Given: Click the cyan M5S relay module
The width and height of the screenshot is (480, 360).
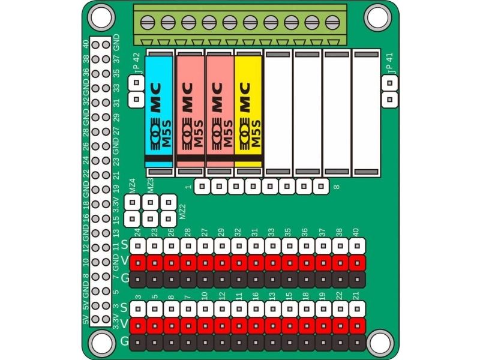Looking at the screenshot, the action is click(x=158, y=112).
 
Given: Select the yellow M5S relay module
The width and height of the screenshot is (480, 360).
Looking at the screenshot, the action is click(x=248, y=112).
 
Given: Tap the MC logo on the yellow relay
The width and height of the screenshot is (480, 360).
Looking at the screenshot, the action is click(x=245, y=97).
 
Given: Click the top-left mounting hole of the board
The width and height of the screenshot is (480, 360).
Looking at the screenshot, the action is click(x=101, y=17).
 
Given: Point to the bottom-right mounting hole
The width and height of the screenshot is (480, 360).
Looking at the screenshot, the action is click(x=379, y=342).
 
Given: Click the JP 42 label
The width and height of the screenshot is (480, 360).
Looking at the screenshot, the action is click(x=137, y=63).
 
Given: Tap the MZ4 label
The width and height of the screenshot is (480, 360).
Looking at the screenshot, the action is click(x=132, y=186).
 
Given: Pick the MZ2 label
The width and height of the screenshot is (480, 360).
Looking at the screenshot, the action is click(x=182, y=212).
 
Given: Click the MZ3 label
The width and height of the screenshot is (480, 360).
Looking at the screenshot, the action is click(x=151, y=186).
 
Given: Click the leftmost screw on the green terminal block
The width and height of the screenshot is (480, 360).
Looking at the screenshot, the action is click(x=147, y=22).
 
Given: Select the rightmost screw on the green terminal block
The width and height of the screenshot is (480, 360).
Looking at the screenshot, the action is click(x=332, y=22).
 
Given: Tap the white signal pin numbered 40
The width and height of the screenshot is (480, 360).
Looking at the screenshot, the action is click(x=357, y=246).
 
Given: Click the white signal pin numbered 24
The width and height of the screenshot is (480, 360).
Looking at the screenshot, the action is click(x=138, y=246).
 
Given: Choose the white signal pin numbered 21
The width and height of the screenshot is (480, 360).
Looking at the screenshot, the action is click(x=357, y=309).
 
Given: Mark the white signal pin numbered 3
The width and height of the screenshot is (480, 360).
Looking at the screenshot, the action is click(x=138, y=309).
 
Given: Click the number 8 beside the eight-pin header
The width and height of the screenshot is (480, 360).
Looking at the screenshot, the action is click(x=337, y=187).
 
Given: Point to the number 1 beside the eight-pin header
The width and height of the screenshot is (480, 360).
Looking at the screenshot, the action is click(x=188, y=187).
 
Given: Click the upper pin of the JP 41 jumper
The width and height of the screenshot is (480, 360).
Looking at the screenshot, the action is click(x=389, y=83).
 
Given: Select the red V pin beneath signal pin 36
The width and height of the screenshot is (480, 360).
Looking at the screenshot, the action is click(x=307, y=263).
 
